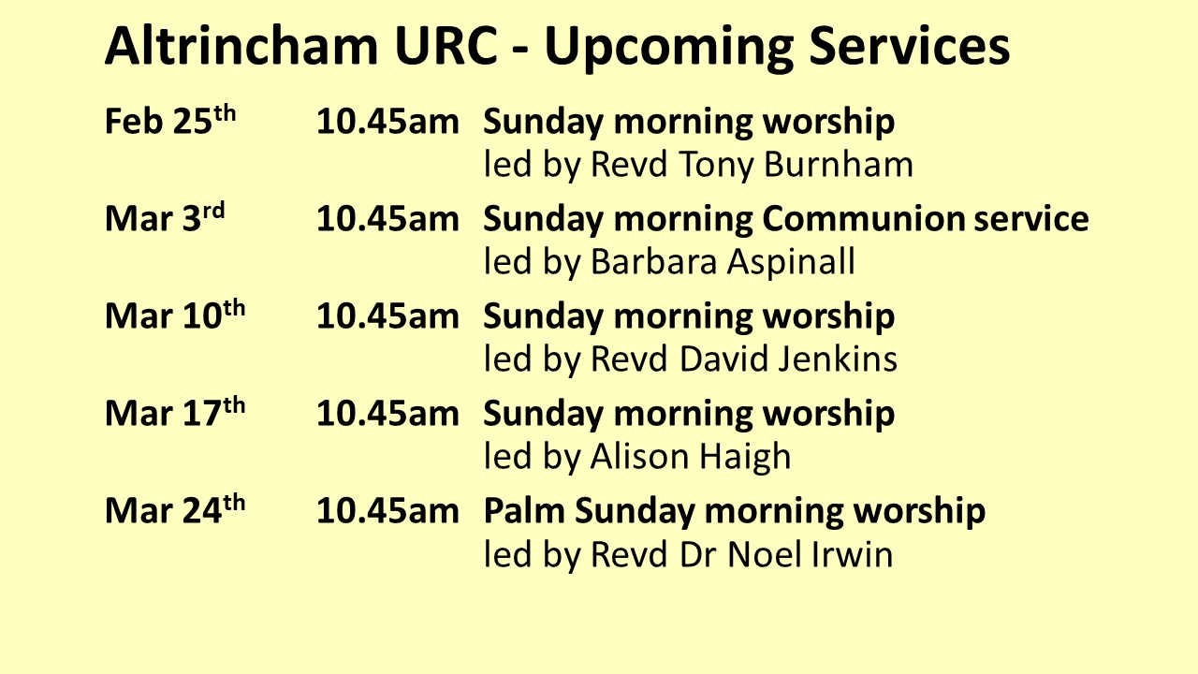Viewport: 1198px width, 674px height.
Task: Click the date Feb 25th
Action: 171,123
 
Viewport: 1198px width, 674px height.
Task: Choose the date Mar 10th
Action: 175,317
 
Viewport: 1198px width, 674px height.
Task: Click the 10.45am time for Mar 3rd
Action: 387,220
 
